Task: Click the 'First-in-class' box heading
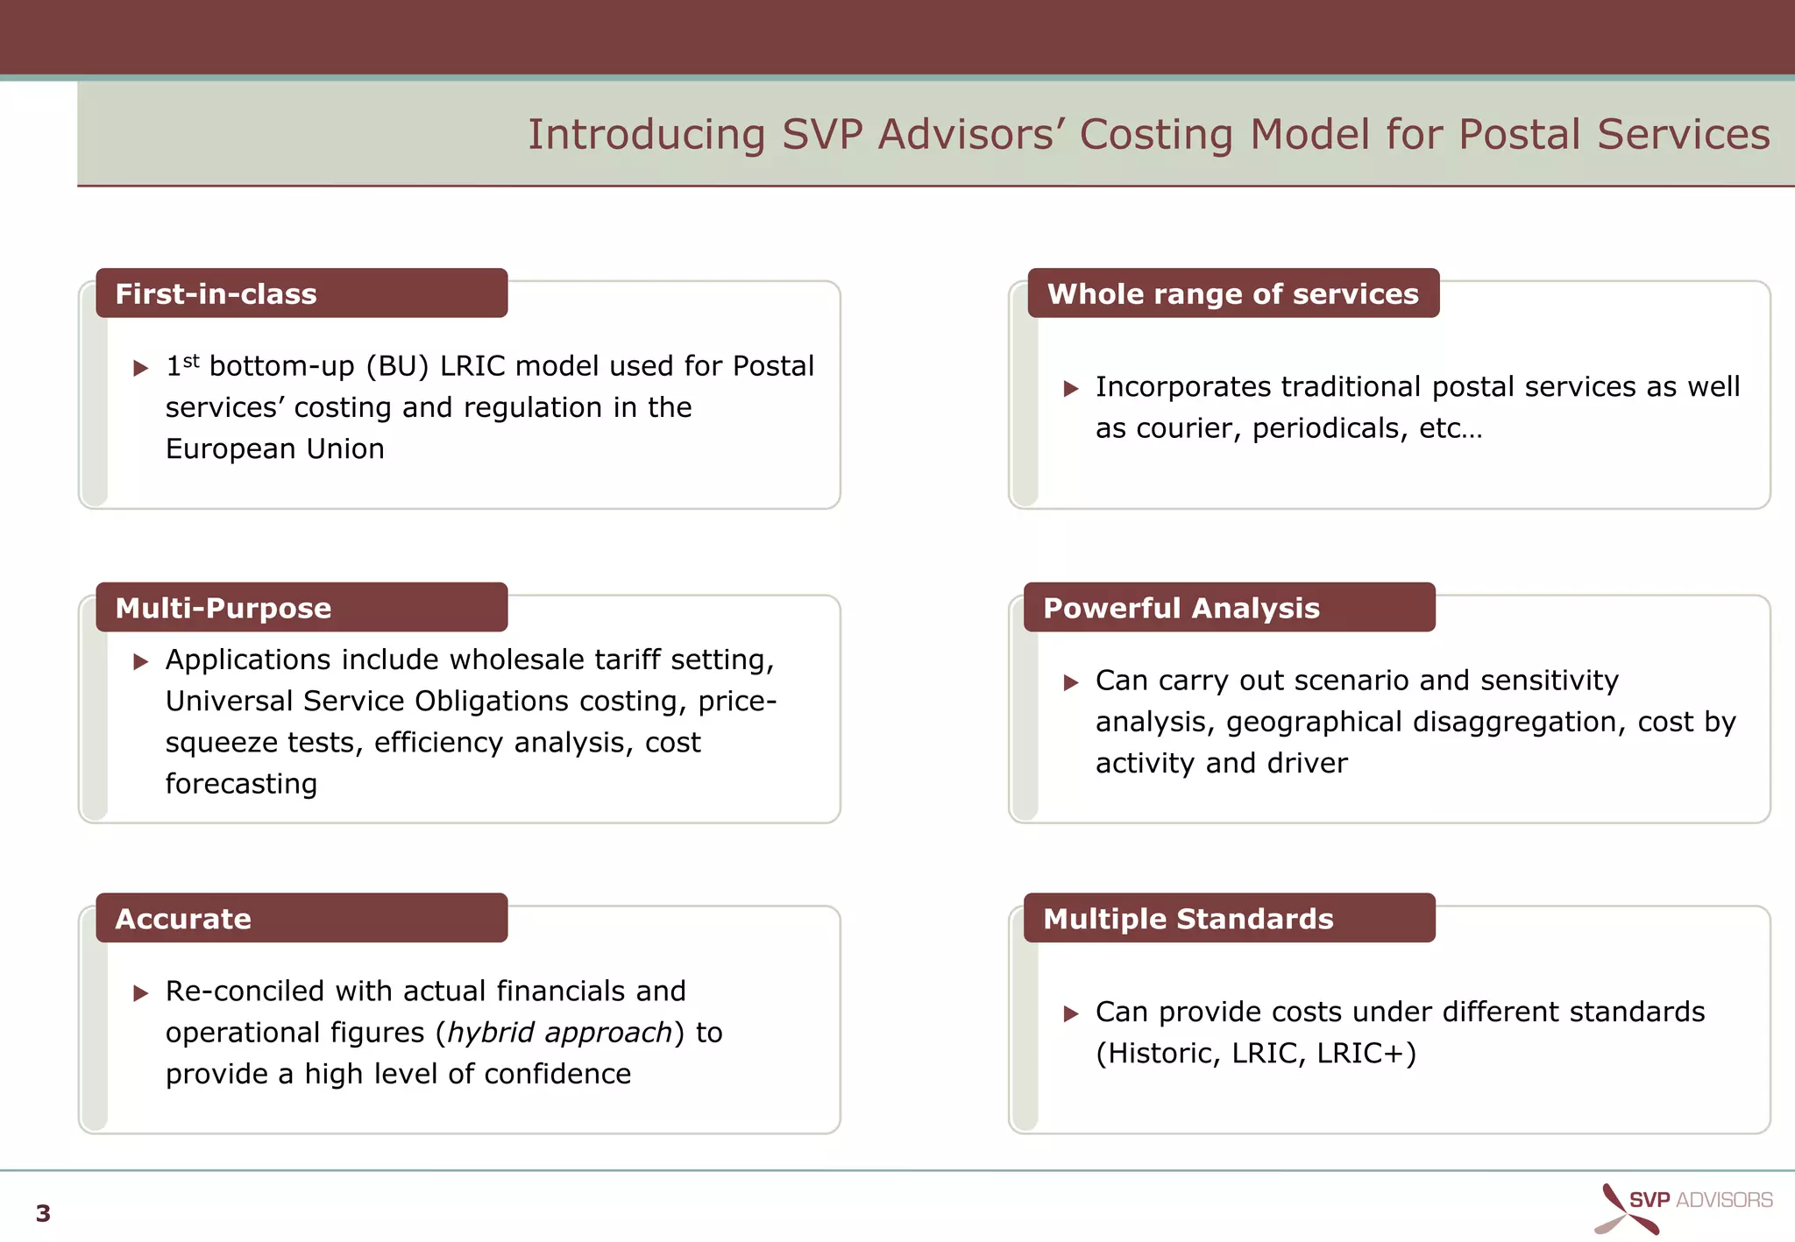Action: (x=216, y=294)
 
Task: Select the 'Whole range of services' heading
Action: (x=1232, y=294)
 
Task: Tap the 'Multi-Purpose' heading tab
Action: (x=223, y=608)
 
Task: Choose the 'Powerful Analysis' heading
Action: (x=1181, y=608)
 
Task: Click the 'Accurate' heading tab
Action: (x=183, y=919)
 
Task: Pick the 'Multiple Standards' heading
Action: (x=1188, y=919)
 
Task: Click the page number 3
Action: (x=43, y=1214)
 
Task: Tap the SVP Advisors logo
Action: (x=1684, y=1207)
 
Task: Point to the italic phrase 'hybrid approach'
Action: (x=559, y=1033)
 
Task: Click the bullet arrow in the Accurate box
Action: (x=141, y=993)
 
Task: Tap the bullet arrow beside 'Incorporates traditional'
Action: (x=1071, y=389)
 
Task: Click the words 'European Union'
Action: (x=274, y=449)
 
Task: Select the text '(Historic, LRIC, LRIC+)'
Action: (x=1255, y=1054)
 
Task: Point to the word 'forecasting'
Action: (x=241, y=784)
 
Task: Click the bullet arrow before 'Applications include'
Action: (x=141, y=662)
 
